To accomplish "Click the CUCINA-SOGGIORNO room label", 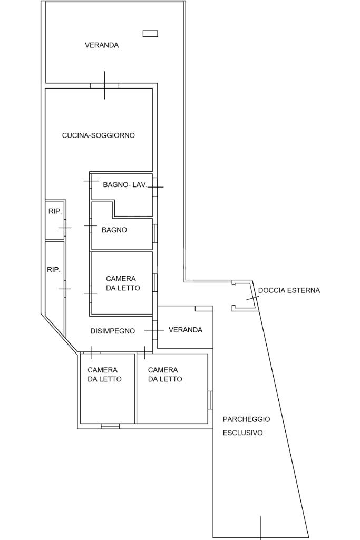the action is [98, 135].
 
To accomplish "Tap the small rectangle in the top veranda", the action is [150, 33].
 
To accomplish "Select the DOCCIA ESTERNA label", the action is [289, 290].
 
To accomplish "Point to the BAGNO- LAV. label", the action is [125, 184].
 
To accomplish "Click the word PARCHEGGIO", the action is [246, 419].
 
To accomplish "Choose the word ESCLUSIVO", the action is [242, 433].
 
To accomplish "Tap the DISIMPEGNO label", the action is [113, 331].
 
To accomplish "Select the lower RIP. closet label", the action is [54, 270].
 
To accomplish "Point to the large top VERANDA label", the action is [102, 45].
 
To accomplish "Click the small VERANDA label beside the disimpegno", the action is [186, 330].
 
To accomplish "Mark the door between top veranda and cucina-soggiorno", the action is [104, 85].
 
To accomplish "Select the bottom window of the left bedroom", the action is [110, 426].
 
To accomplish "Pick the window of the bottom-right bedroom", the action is [210, 400].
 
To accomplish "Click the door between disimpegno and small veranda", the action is [155, 330].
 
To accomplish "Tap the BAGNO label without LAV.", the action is [114, 230].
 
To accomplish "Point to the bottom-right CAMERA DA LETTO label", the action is [165, 375].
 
